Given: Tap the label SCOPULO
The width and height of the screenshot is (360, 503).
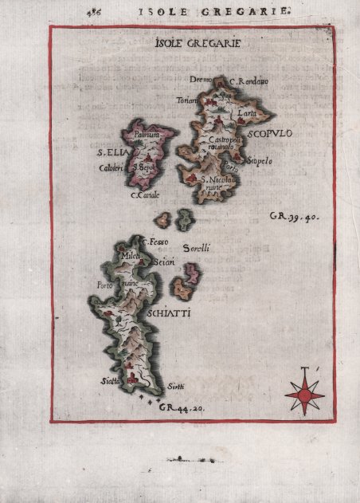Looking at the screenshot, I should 271,135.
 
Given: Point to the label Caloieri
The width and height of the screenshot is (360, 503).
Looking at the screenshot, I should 110,168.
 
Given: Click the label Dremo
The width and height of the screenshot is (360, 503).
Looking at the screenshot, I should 200,80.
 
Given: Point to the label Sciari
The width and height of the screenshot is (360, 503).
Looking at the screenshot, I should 164,261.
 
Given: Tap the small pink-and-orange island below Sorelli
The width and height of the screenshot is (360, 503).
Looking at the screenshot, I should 187,277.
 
